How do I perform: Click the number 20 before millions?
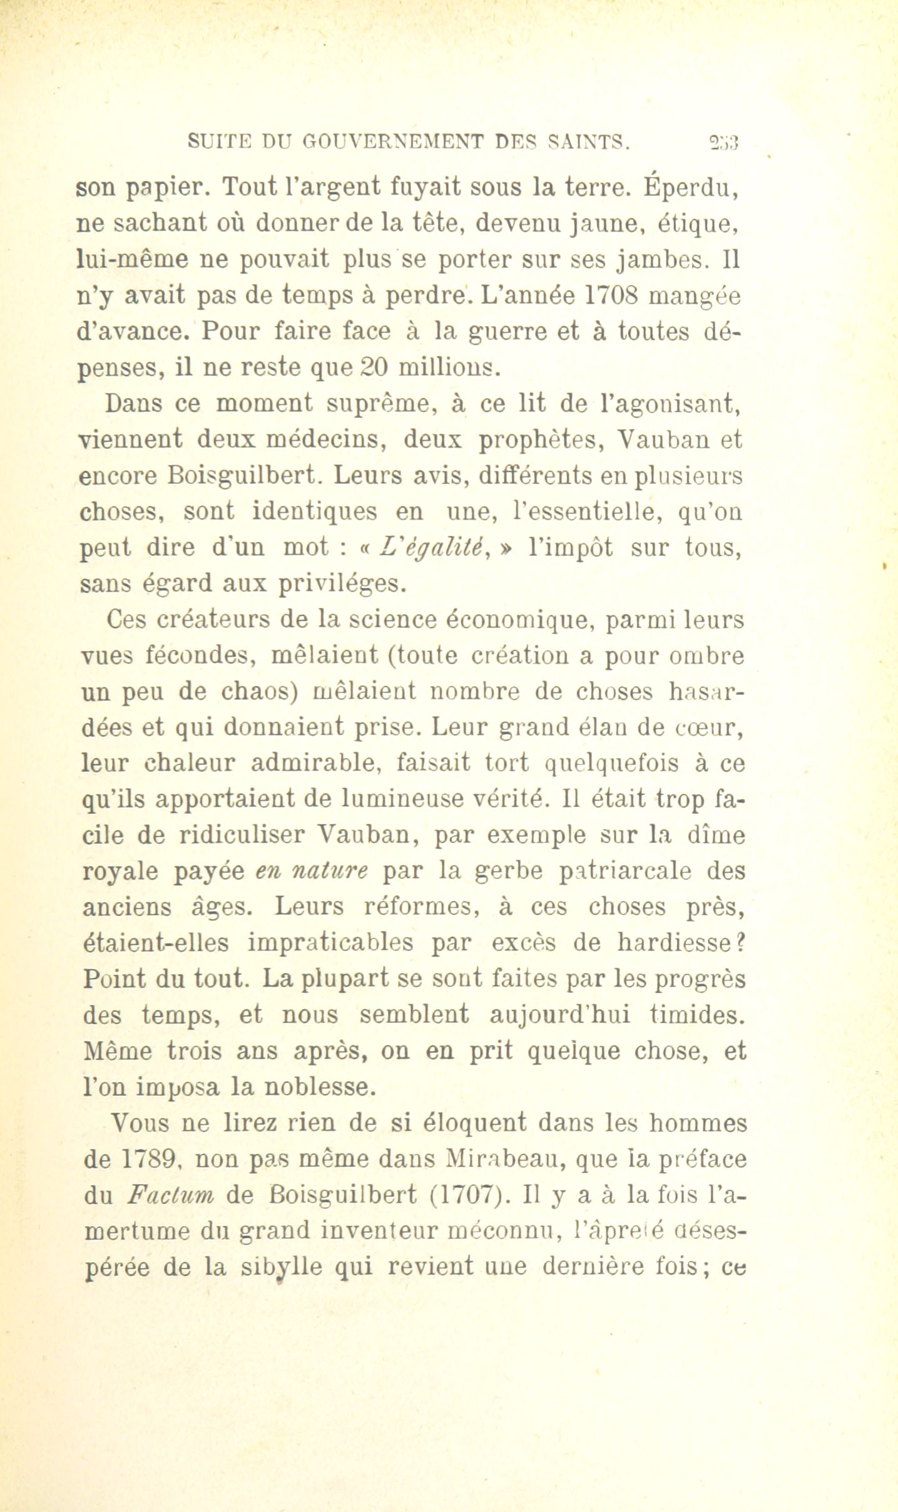pos(374,367)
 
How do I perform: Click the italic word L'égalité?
pos(436,548)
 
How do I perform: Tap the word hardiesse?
pos(673,943)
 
